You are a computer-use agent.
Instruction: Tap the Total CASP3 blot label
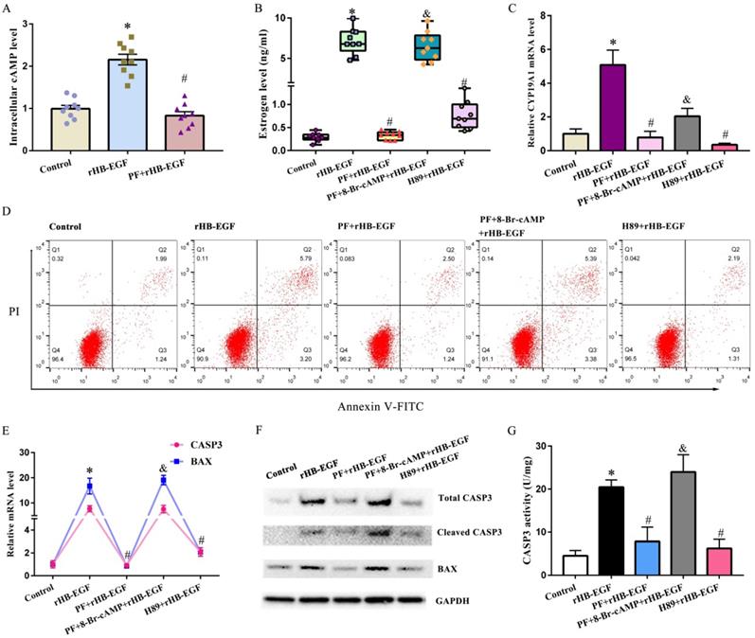(x=466, y=497)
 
